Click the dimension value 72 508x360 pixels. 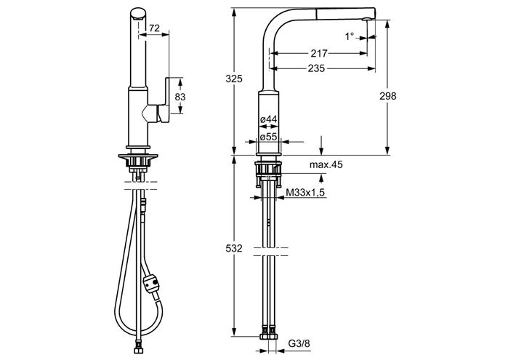(x=154, y=28)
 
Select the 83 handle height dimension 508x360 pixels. (x=180, y=97)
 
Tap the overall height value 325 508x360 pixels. (x=234, y=79)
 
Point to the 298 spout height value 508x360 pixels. (x=388, y=96)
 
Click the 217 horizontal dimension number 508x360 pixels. (x=320, y=53)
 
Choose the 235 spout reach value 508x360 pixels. (x=316, y=68)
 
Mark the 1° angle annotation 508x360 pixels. (x=350, y=36)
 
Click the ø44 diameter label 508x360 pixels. (x=269, y=119)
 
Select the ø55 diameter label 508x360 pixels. (x=269, y=137)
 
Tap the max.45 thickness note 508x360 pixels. (x=326, y=165)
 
